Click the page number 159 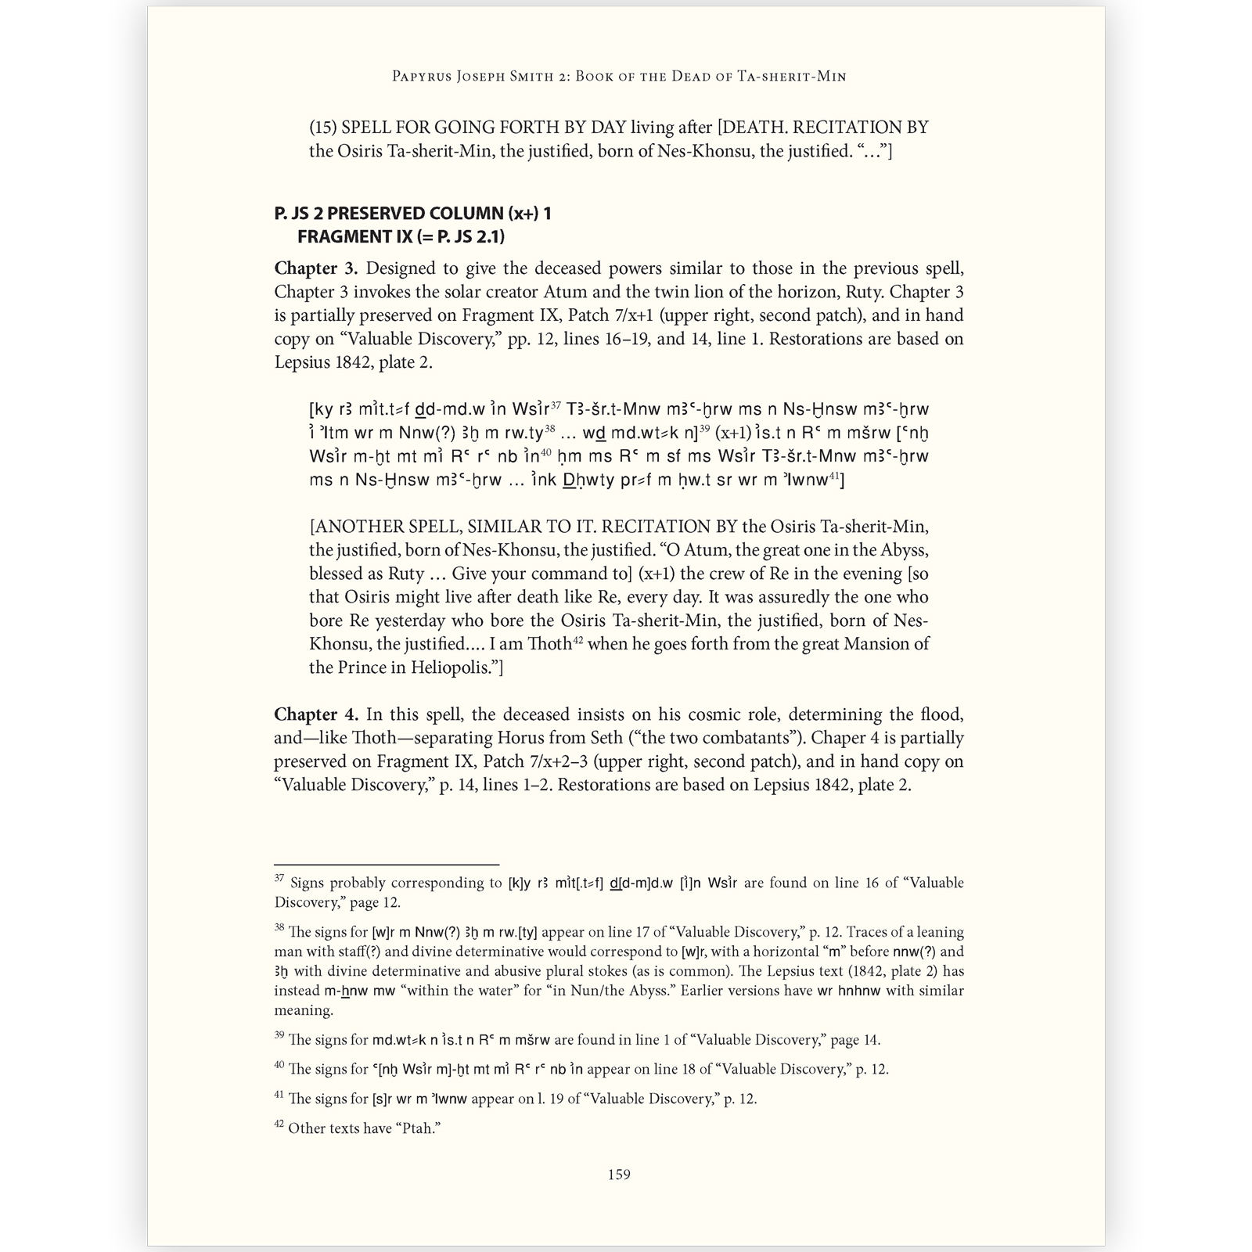click(x=619, y=1175)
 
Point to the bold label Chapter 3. click(x=315, y=268)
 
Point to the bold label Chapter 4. click(x=315, y=714)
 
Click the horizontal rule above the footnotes click(x=387, y=865)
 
